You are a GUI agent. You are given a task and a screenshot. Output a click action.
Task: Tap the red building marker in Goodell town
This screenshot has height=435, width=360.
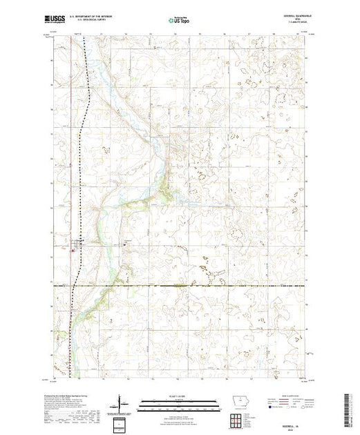[74, 251]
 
